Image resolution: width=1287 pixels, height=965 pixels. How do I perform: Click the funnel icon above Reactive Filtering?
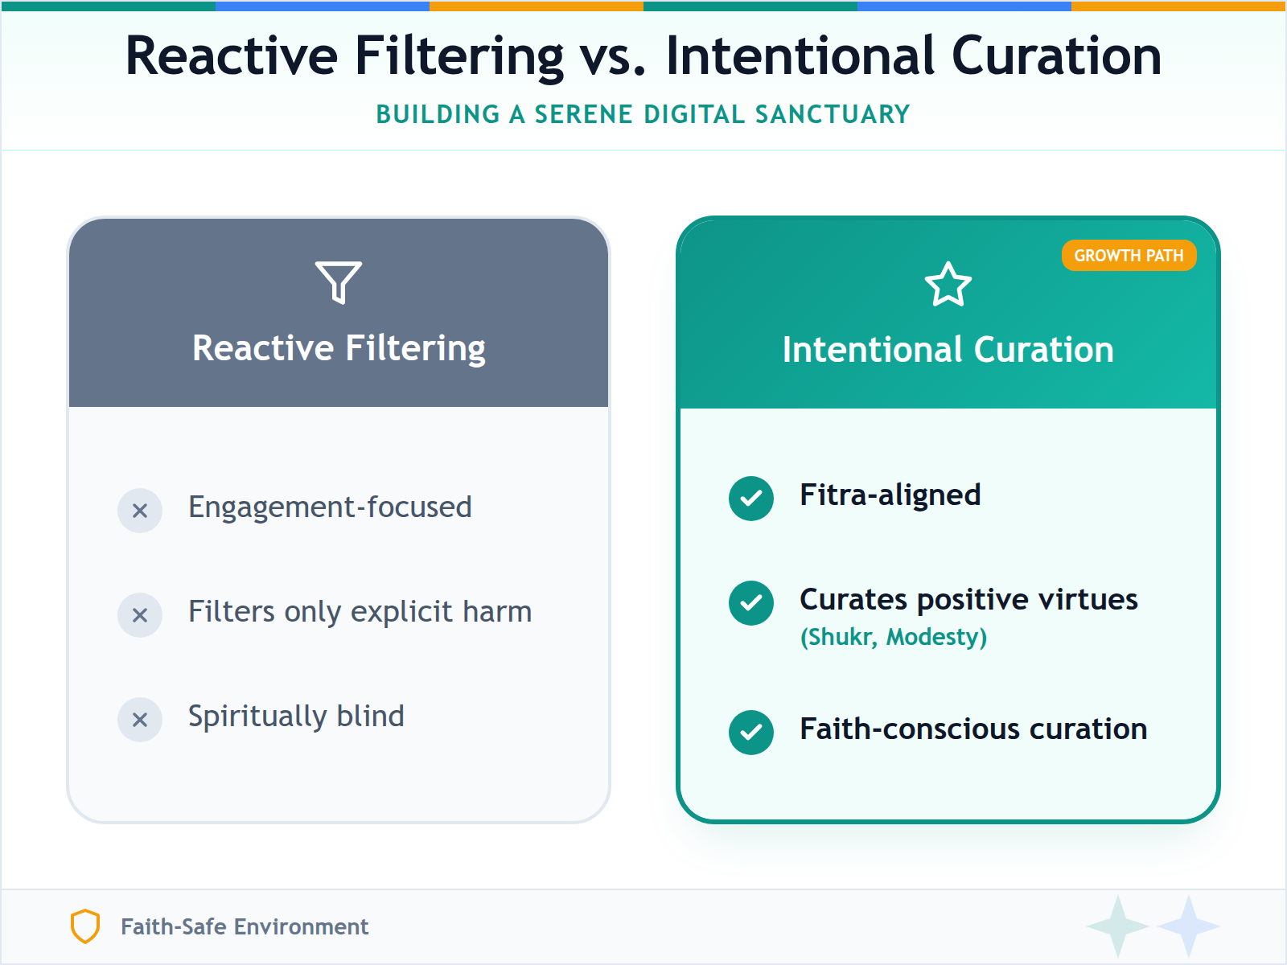(339, 281)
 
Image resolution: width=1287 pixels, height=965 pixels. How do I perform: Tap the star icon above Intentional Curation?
(948, 285)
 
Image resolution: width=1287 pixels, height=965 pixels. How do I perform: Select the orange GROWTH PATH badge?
(1129, 256)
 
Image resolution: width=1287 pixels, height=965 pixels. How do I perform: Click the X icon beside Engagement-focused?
(140, 511)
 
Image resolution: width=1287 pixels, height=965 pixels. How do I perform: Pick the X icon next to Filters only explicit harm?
(140, 615)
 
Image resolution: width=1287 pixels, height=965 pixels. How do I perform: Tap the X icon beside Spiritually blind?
(140, 720)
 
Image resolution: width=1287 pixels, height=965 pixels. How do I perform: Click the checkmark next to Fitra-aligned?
(751, 499)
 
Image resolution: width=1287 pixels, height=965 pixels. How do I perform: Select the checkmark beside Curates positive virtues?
(751, 602)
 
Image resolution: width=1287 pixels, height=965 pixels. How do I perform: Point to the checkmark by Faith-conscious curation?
(751, 733)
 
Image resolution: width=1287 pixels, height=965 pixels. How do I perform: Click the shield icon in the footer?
(85, 926)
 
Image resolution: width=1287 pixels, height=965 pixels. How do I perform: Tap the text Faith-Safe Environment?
(245, 927)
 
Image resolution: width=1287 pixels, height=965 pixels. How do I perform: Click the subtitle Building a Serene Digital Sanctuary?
(643, 114)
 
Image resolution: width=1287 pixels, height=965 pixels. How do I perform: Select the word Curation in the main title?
(1056, 56)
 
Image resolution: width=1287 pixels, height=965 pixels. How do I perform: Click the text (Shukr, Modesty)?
(893, 637)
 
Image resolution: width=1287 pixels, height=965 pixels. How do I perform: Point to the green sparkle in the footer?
(1117, 926)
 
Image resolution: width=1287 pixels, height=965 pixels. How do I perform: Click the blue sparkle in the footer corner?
(1188, 926)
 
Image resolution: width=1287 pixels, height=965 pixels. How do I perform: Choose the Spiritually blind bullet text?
(296, 717)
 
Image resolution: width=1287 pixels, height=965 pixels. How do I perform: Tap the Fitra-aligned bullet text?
(890, 495)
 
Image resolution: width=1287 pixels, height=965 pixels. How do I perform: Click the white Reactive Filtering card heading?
(339, 348)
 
